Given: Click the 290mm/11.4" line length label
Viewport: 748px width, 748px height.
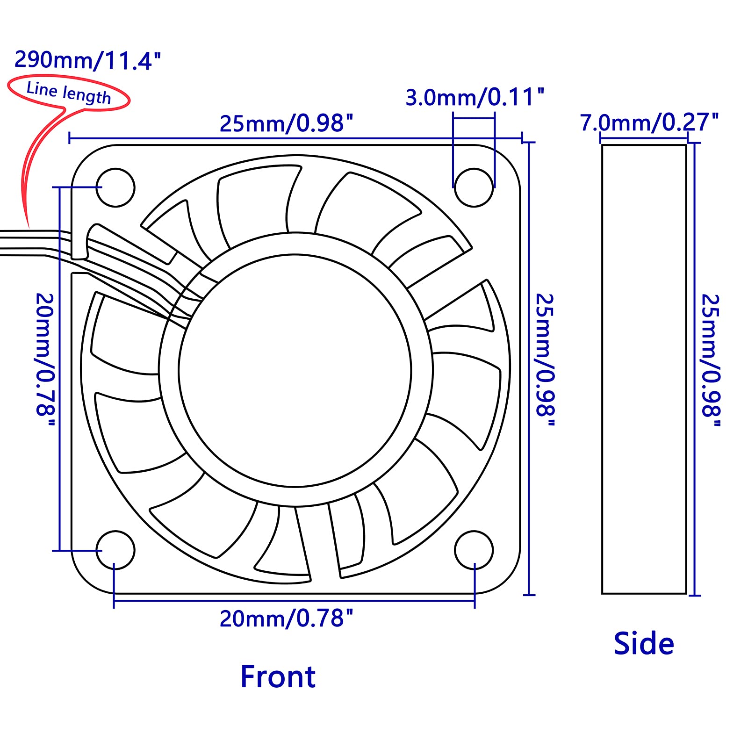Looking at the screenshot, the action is pos(87,60).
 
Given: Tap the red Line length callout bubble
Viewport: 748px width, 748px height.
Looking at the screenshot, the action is pos(69,93).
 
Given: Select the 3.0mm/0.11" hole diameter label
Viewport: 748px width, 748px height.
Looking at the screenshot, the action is pos(475,97).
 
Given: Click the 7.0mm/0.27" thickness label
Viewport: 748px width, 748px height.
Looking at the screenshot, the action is pos(649,122).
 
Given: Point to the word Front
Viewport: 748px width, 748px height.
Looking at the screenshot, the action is pos(278,677).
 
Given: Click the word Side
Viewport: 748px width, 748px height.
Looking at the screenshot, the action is pos(644,644).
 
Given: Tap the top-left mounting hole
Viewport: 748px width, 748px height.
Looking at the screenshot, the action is pos(115,187).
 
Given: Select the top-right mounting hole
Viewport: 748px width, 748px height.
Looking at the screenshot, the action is pos(474,187).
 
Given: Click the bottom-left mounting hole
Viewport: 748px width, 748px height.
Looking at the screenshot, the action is pos(115,550).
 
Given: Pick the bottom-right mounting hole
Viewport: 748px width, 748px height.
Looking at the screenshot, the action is pos(474,550).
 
